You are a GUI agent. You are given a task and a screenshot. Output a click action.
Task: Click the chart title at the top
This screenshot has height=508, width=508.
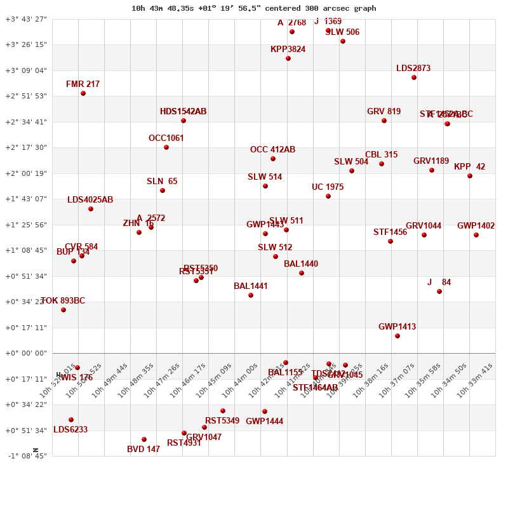[x=253, y=8]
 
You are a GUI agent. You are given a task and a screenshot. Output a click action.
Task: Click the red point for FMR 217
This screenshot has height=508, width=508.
[x=83, y=93]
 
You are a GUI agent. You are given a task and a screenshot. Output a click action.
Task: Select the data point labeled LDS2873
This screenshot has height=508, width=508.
[x=414, y=77]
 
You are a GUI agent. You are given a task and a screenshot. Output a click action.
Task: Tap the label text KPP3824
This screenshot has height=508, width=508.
[x=288, y=49]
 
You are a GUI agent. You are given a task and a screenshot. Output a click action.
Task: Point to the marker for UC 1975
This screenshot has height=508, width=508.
[x=328, y=196]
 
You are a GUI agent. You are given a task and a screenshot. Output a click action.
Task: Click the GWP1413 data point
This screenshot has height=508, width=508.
[x=398, y=336]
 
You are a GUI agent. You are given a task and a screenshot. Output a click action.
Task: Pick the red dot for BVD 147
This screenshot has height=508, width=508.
[x=144, y=439]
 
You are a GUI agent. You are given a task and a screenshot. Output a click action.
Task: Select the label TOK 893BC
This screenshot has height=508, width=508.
[x=63, y=300]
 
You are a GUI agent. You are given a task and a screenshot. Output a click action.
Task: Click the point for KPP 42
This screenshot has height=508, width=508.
[x=470, y=176]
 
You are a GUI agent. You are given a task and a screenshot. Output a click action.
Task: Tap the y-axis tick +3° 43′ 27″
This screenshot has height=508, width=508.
[x=26, y=19]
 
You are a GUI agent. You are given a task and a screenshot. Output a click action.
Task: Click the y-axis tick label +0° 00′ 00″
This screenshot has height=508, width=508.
[x=26, y=353]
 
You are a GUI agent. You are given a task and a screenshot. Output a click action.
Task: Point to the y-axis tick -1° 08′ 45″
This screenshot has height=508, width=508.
[x=26, y=456]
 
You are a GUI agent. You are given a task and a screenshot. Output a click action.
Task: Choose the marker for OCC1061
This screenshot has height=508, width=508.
[x=166, y=147]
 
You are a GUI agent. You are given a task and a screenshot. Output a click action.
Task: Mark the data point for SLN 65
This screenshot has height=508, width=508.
[x=163, y=190]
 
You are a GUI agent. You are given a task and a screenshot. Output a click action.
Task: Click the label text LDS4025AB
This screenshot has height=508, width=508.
[x=90, y=199]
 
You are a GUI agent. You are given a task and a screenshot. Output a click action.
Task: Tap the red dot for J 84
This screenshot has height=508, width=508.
[x=439, y=291]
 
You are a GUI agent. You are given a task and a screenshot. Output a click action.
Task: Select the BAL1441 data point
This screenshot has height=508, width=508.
[x=251, y=295]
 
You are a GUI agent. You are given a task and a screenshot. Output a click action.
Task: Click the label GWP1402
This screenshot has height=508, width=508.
[x=476, y=225]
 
